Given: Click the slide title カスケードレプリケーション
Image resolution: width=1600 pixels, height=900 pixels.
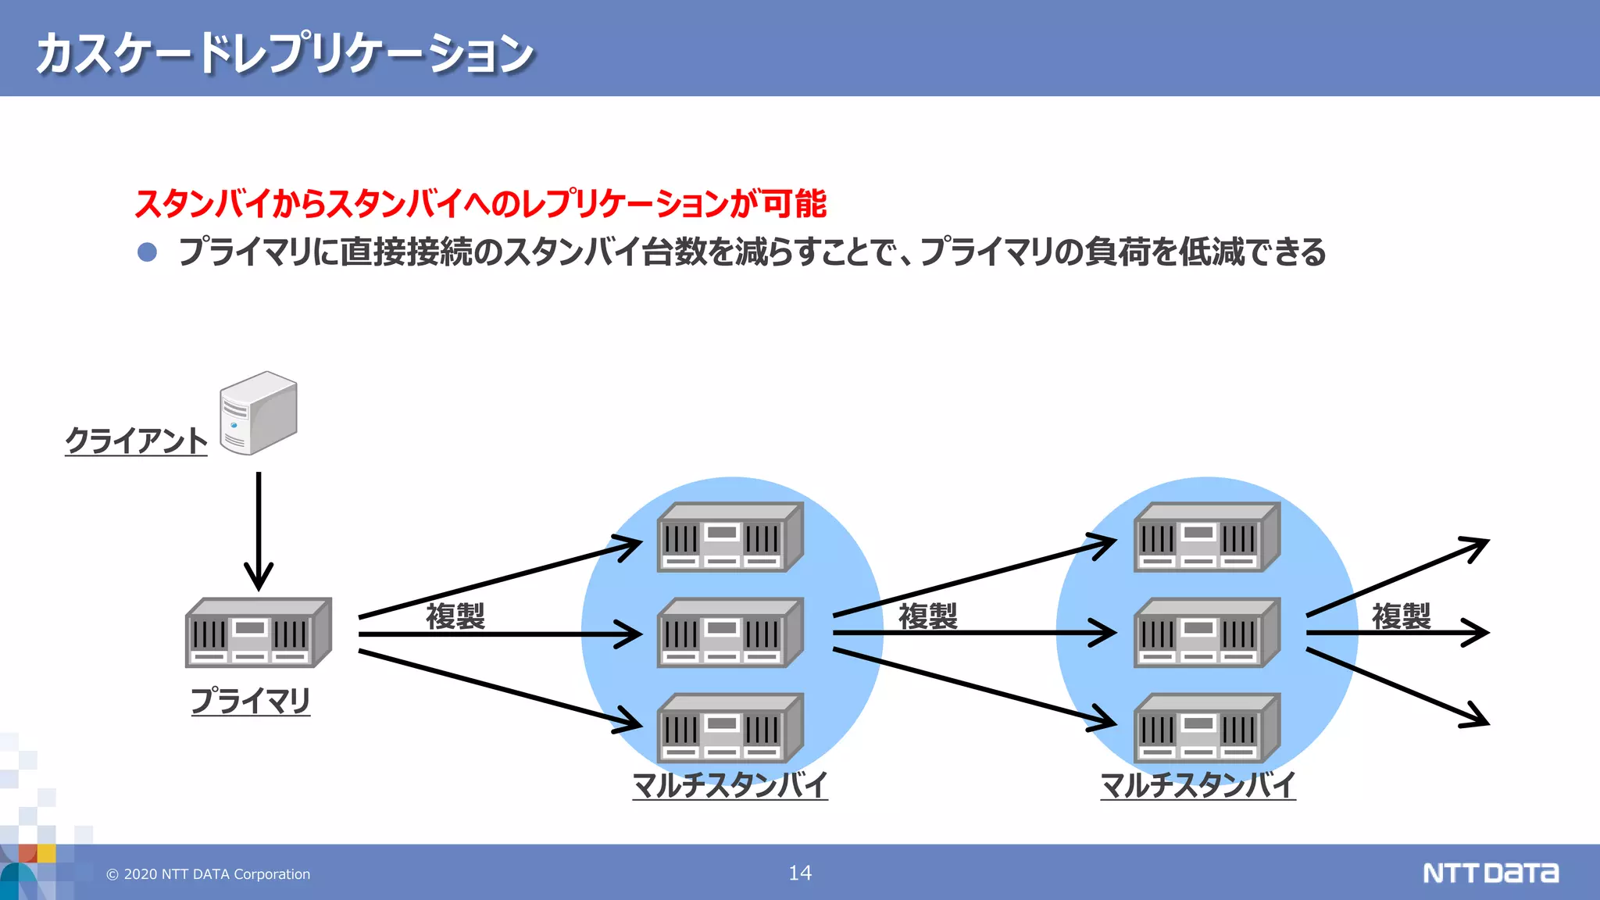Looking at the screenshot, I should pos(284,53).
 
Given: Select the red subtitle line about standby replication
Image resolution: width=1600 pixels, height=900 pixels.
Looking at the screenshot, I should pos(480,204).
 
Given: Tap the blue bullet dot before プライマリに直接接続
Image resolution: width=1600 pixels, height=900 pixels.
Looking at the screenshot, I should pos(147,252).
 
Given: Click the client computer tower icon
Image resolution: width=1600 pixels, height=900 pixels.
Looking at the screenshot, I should pos(258,412).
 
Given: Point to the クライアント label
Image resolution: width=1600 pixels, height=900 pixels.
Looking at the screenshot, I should pos(136,441).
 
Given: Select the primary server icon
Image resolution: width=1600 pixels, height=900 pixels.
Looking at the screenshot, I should pos(258,633).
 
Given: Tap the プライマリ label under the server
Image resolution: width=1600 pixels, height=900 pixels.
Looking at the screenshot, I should pos(250,700).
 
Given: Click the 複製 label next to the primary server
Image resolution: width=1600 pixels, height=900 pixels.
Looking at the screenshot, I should pos(455,616).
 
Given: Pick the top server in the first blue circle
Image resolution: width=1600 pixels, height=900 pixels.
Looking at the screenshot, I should pos(730,537).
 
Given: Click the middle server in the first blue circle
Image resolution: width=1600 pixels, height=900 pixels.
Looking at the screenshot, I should pos(730,633).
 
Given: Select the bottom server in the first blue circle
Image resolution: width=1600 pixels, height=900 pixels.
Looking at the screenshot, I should pos(730,728).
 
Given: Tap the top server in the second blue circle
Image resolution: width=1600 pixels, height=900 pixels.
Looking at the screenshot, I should pos(1206,537).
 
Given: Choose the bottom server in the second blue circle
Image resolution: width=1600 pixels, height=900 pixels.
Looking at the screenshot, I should pos(1206,728).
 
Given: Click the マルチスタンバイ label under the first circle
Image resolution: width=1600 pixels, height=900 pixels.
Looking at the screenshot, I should pos(730,784).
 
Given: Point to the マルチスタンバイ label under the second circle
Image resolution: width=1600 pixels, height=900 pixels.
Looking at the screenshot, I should pos(1198,784).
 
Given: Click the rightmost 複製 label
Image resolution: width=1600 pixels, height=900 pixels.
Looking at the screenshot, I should pos(1401,616).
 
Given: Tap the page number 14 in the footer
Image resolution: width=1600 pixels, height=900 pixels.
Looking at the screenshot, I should pos(800,873).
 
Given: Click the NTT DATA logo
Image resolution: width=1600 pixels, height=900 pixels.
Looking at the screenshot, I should pos(1491,873).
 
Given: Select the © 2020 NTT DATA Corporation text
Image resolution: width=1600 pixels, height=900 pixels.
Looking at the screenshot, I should pos(209,874).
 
